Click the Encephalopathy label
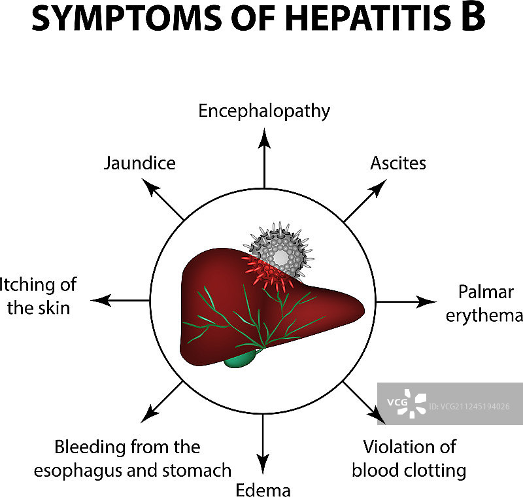[264, 111]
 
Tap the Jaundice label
[139, 163]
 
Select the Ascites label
[398, 163]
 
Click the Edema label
[263, 490]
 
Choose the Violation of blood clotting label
[409, 458]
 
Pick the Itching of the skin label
[39, 296]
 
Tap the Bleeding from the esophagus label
[143, 458]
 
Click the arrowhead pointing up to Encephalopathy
[264, 137]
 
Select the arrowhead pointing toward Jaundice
[151, 188]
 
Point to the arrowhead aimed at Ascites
[377, 189]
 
